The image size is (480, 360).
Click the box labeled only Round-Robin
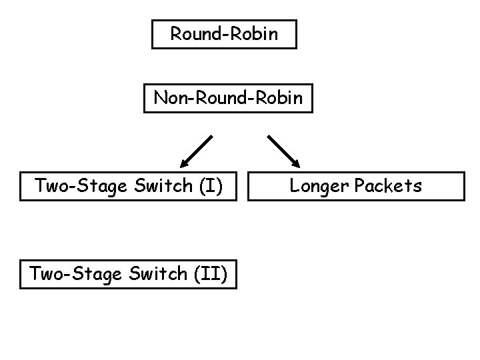pos(224,34)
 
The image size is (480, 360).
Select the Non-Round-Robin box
pos(228,98)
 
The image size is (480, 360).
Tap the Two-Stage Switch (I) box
pos(128,186)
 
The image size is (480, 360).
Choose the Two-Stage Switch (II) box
pos(128,274)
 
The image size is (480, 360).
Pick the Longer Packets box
pos(355,186)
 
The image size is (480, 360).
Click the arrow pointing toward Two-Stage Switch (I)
pos(197,150)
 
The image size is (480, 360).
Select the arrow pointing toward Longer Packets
pos(283,151)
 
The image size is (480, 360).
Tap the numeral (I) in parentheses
pos(210,186)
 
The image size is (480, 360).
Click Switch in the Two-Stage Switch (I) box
pos(162,186)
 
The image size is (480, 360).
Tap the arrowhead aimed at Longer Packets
pos(296,162)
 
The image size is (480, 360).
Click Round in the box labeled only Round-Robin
pos(194,34)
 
